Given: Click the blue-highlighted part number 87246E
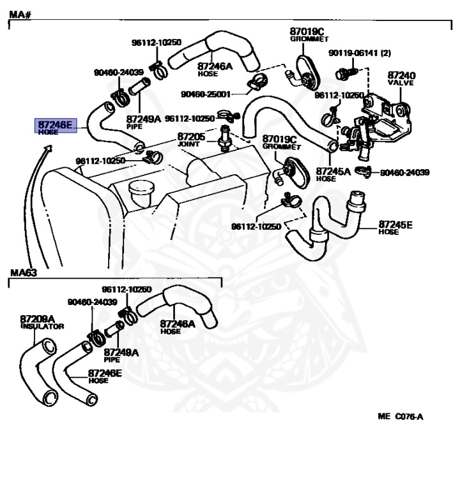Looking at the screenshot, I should pos(55,126).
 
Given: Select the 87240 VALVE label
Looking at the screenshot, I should pos(402,78).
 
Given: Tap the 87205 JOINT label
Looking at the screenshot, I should pos(191,140).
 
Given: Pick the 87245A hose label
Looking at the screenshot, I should pos(333,174).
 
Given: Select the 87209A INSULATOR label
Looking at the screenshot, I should pos(40,322).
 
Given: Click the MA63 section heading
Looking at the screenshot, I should pos(23,274).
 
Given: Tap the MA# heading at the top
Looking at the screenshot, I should pos(19,14).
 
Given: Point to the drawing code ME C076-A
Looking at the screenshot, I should pos(400,417).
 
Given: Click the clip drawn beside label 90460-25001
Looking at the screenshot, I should pos(258,82).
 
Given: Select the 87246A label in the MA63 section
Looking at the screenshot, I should pos(177,327).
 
